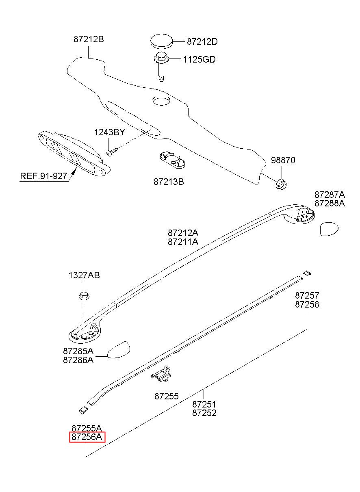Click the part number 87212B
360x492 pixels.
(x=89, y=39)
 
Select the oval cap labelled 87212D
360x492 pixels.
(x=161, y=41)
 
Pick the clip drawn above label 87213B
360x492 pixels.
(x=172, y=159)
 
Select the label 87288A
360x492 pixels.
(x=330, y=204)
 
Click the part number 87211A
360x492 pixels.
(x=183, y=242)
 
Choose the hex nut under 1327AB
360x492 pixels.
(x=84, y=296)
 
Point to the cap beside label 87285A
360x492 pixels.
(x=118, y=350)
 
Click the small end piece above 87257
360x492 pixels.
(x=307, y=273)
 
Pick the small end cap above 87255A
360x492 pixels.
(x=83, y=410)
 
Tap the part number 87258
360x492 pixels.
(x=307, y=304)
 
